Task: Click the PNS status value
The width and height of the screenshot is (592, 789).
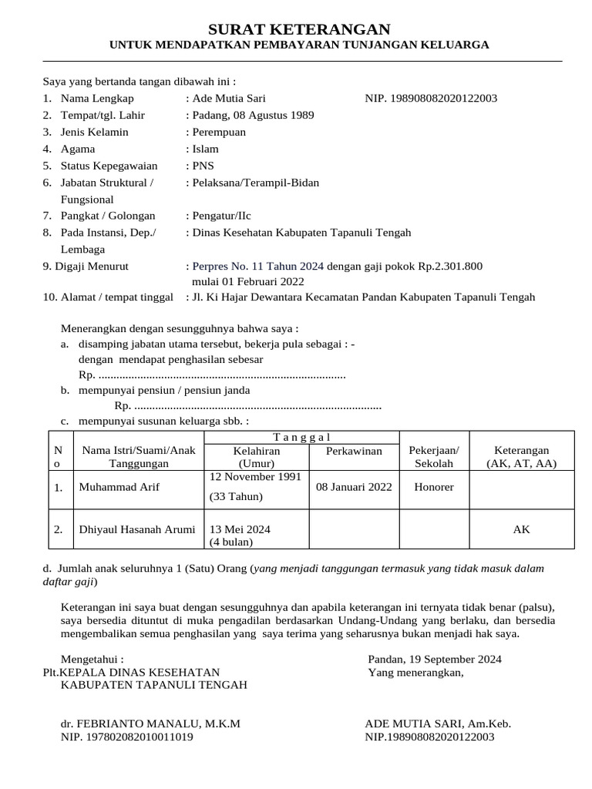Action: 203,166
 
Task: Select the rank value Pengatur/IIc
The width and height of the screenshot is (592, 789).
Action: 222,217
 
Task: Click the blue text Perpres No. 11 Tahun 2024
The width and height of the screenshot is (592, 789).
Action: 257,267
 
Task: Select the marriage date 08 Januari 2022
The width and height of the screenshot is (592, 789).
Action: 354,488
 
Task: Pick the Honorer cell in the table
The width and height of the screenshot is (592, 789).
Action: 434,488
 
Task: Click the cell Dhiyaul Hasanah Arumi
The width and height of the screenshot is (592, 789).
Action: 136,530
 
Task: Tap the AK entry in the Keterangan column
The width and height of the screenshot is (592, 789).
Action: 522,530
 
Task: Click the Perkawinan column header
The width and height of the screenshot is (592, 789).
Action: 354,451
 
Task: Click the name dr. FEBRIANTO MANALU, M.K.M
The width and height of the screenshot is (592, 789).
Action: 150,724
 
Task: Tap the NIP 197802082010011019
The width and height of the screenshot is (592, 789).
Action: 126,737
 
